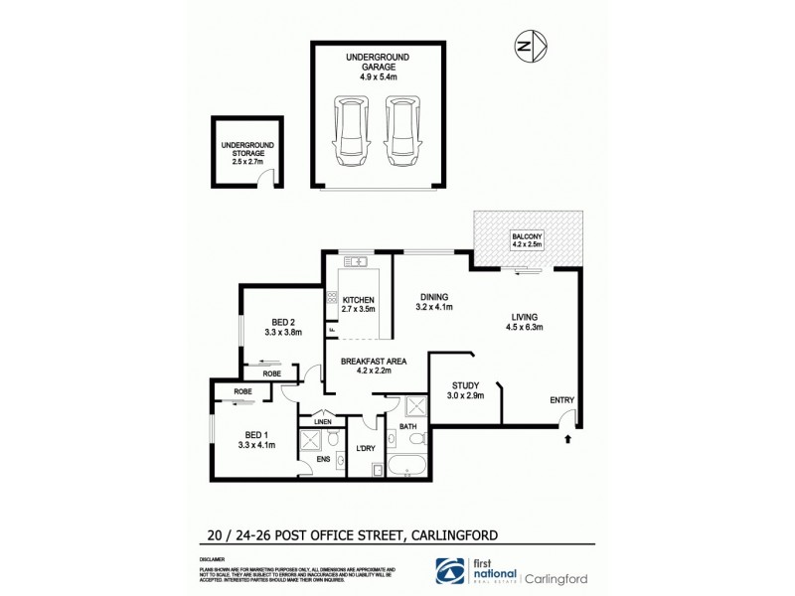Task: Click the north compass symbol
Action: [x=527, y=45]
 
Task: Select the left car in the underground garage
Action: [x=349, y=131]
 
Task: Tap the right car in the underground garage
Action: [x=398, y=131]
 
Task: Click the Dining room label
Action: [x=433, y=296]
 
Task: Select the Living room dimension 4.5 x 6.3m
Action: [x=527, y=327]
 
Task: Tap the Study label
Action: [x=465, y=385]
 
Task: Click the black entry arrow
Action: [x=566, y=434]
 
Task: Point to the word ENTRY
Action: [x=562, y=400]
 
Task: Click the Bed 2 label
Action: [x=283, y=321]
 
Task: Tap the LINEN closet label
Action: [x=322, y=421]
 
